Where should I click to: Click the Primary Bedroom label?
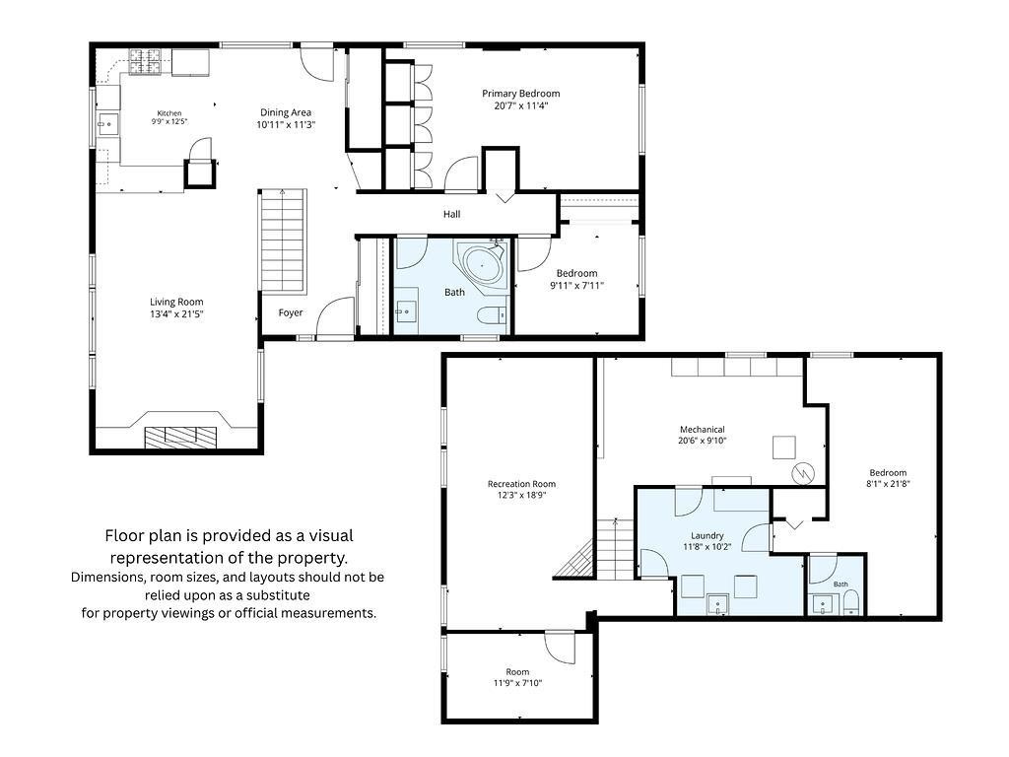click(x=520, y=94)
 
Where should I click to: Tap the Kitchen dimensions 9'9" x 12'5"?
click(x=169, y=121)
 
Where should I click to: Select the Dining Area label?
click(x=286, y=112)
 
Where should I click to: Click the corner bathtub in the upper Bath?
click(x=482, y=263)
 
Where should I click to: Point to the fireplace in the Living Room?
click(x=180, y=437)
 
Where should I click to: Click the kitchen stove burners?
click(x=146, y=62)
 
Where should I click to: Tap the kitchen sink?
click(x=107, y=123)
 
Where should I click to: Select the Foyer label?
click(x=291, y=312)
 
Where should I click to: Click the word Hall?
click(x=451, y=214)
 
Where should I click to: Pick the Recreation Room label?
click(x=521, y=484)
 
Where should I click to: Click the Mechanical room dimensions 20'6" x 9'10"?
click(x=702, y=441)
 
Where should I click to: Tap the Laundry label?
click(x=707, y=535)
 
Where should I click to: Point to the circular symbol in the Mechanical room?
click(x=803, y=474)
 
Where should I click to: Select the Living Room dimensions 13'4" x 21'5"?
click(x=176, y=314)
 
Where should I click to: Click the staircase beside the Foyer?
click(x=283, y=242)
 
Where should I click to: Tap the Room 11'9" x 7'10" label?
click(x=517, y=677)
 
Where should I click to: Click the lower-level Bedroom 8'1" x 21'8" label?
click(x=888, y=478)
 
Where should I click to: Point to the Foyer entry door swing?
click(x=335, y=315)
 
